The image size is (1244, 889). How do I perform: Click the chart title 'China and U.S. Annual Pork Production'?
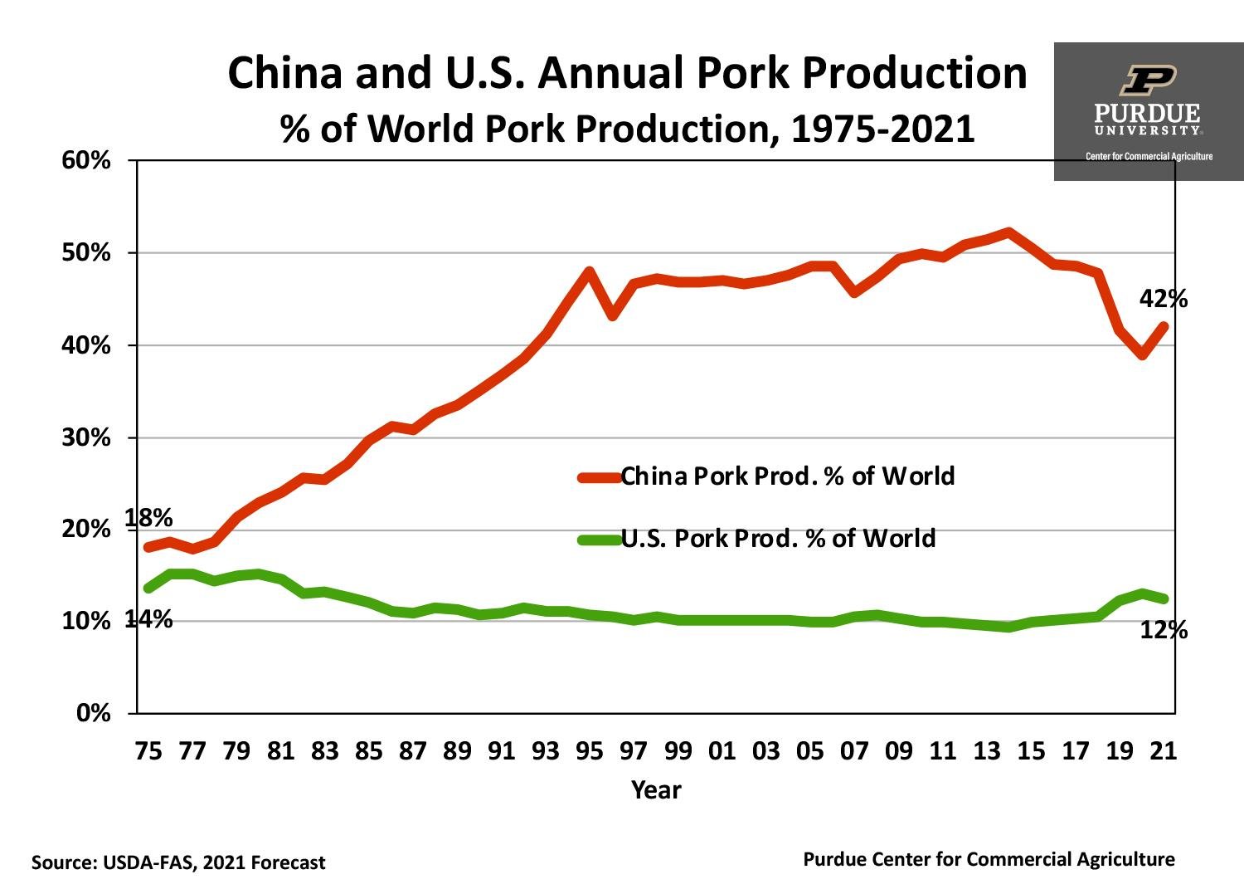coord(627,73)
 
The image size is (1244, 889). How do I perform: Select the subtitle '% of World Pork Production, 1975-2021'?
coord(627,129)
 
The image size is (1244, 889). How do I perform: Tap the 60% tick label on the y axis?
coord(85,160)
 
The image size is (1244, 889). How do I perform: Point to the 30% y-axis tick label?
coord(85,437)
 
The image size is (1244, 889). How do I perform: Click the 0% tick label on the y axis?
coord(93,713)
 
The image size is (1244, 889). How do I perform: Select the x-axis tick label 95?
coord(589,751)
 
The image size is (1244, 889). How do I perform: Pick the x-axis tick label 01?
coord(722,751)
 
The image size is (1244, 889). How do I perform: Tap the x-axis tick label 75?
coord(148,751)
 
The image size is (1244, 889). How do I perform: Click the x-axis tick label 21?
coord(1164,751)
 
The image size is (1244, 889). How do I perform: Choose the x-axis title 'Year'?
coord(655,789)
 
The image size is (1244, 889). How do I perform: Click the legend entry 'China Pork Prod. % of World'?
coord(787,476)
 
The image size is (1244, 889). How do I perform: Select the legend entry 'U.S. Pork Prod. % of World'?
coord(777,539)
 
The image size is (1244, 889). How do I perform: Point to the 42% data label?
coord(1163,299)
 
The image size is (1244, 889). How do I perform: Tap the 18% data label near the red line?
coord(148,519)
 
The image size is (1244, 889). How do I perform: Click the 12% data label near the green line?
coord(1164,631)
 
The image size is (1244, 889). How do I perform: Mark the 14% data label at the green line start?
coord(148,619)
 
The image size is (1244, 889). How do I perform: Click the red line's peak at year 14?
coord(1008,232)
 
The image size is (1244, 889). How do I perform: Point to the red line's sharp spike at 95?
coord(590,271)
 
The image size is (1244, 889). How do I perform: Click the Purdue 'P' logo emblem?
coord(1148,81)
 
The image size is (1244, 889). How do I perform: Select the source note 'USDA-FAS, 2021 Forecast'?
coord(178,862)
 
